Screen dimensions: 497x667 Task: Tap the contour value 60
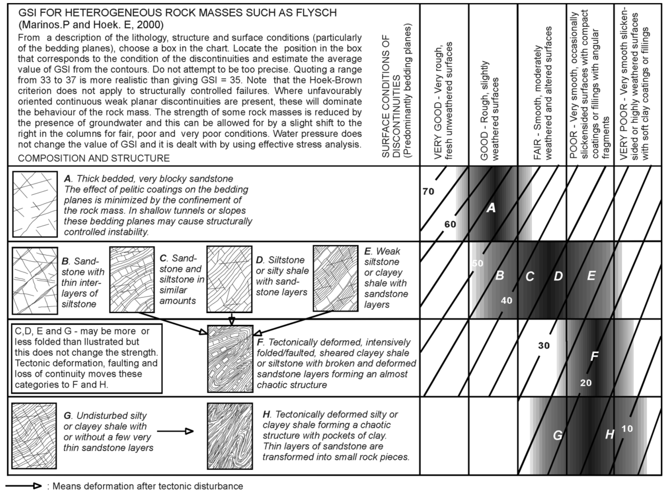coord(450,224)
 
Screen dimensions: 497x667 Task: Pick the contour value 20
coord(586,383)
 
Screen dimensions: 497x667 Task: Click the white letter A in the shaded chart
coord(491,208)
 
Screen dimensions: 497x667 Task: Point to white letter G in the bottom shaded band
coord(557,435)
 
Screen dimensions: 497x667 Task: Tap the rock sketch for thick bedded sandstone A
coord(35,204)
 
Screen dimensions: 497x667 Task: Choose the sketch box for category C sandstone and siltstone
coord(132,279)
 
